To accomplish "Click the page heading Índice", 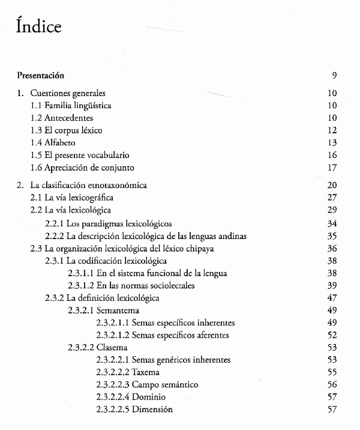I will click(39, 28).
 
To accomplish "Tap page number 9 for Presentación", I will click(334, 76).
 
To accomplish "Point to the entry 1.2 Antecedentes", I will click(61, 118).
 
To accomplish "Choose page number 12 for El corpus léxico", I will click(332, 130).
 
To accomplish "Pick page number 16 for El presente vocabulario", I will click(332, 155).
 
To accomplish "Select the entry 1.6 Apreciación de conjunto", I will click(82, 168).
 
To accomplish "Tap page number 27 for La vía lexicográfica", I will click(332, 198).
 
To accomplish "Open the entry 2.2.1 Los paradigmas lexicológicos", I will click(109, 223).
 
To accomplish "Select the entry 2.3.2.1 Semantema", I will click(103, 310).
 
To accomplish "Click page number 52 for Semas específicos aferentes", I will click(332, 335).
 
